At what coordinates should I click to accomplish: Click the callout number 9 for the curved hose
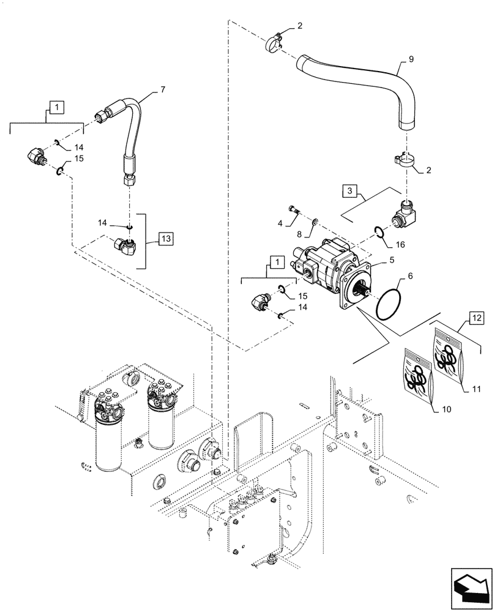(x=411, y=60)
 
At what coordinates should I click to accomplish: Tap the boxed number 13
(x=165, y=238)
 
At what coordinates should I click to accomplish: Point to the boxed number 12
(x=476, y=317)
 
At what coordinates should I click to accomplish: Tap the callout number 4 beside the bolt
(x=279, y=223)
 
